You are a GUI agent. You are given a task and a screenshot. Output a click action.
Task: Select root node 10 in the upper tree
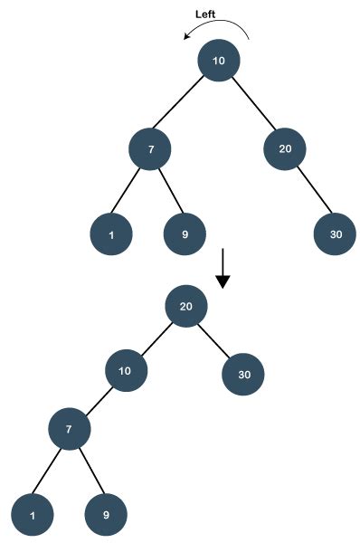(219, 61)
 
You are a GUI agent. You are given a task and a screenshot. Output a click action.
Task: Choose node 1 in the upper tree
(111, 234)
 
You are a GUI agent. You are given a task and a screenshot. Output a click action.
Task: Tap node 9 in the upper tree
(185, 234)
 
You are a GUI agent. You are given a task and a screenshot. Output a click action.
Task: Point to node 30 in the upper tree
(336, 234)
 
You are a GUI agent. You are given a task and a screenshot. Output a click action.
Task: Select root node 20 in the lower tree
(186, 306)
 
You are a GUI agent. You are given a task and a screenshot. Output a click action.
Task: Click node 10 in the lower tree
(126, 370)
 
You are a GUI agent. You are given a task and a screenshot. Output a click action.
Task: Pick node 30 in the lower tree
(244, 374)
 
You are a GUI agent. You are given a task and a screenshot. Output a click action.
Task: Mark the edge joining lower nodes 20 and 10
(156, 338)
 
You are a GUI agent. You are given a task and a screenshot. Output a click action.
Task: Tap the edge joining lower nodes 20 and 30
(215, 340)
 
